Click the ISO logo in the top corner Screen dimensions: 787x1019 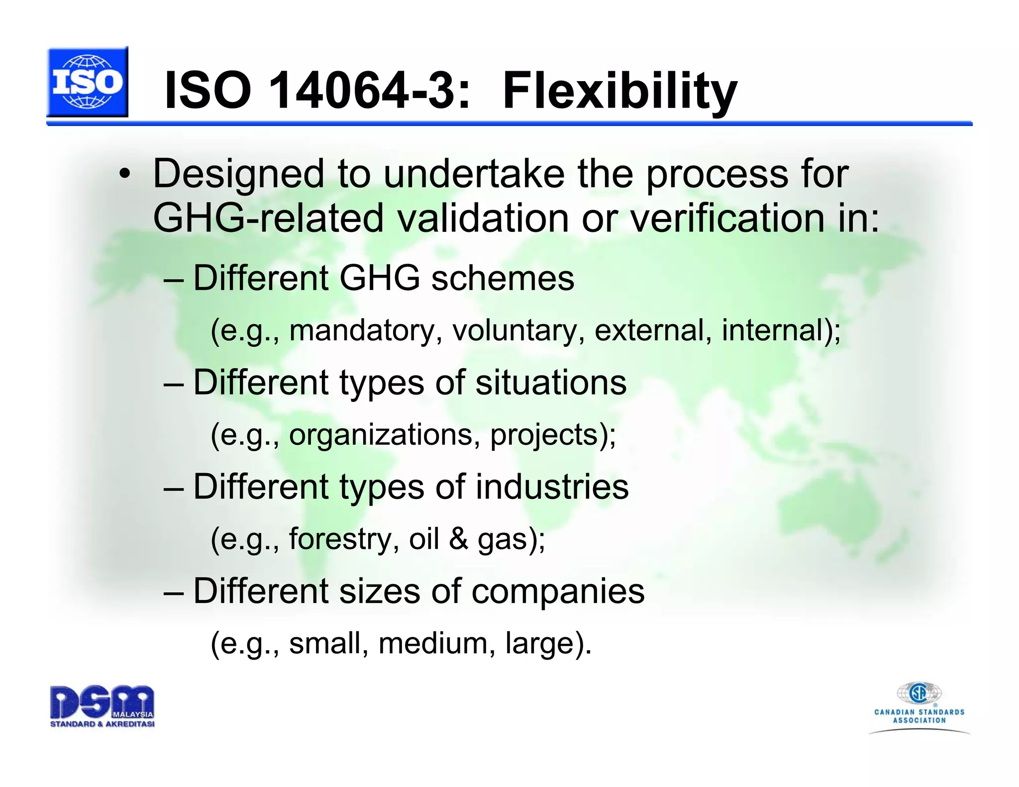tap(88, 82)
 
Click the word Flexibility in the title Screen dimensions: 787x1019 tap(619, 91)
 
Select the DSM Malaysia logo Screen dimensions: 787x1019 tap(102, 706)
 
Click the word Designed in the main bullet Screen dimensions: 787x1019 tap(239, 174)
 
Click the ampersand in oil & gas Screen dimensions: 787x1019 tap(458, 539)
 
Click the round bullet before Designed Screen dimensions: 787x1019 tap(125, 175)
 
